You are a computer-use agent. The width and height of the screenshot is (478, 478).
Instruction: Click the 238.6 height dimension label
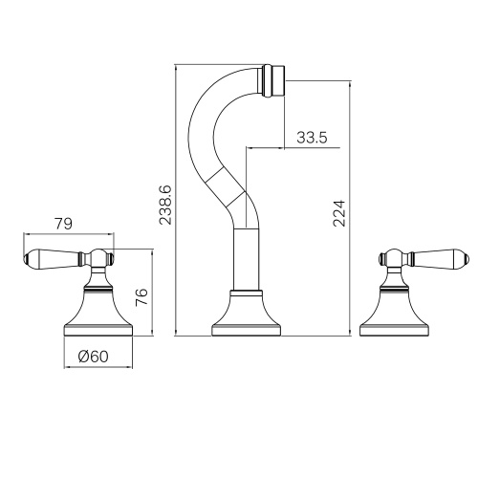pos(165,205)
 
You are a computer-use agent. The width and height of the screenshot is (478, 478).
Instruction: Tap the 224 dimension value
pos(338,213)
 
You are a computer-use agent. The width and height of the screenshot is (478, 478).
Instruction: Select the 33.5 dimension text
pos(312,138)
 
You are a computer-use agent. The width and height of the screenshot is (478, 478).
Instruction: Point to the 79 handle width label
pos(63,224)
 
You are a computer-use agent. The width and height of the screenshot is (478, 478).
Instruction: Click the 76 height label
pos(141,296)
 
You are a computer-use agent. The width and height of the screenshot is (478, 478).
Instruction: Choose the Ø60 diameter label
pos(93,357)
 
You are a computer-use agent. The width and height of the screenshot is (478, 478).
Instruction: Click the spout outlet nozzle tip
pos(273,80)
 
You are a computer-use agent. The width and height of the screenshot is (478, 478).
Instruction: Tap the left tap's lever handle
pos(54,258)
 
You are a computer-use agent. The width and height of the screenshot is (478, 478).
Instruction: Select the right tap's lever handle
pos(439,258)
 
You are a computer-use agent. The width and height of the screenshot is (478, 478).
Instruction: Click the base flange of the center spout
pos(247,331)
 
